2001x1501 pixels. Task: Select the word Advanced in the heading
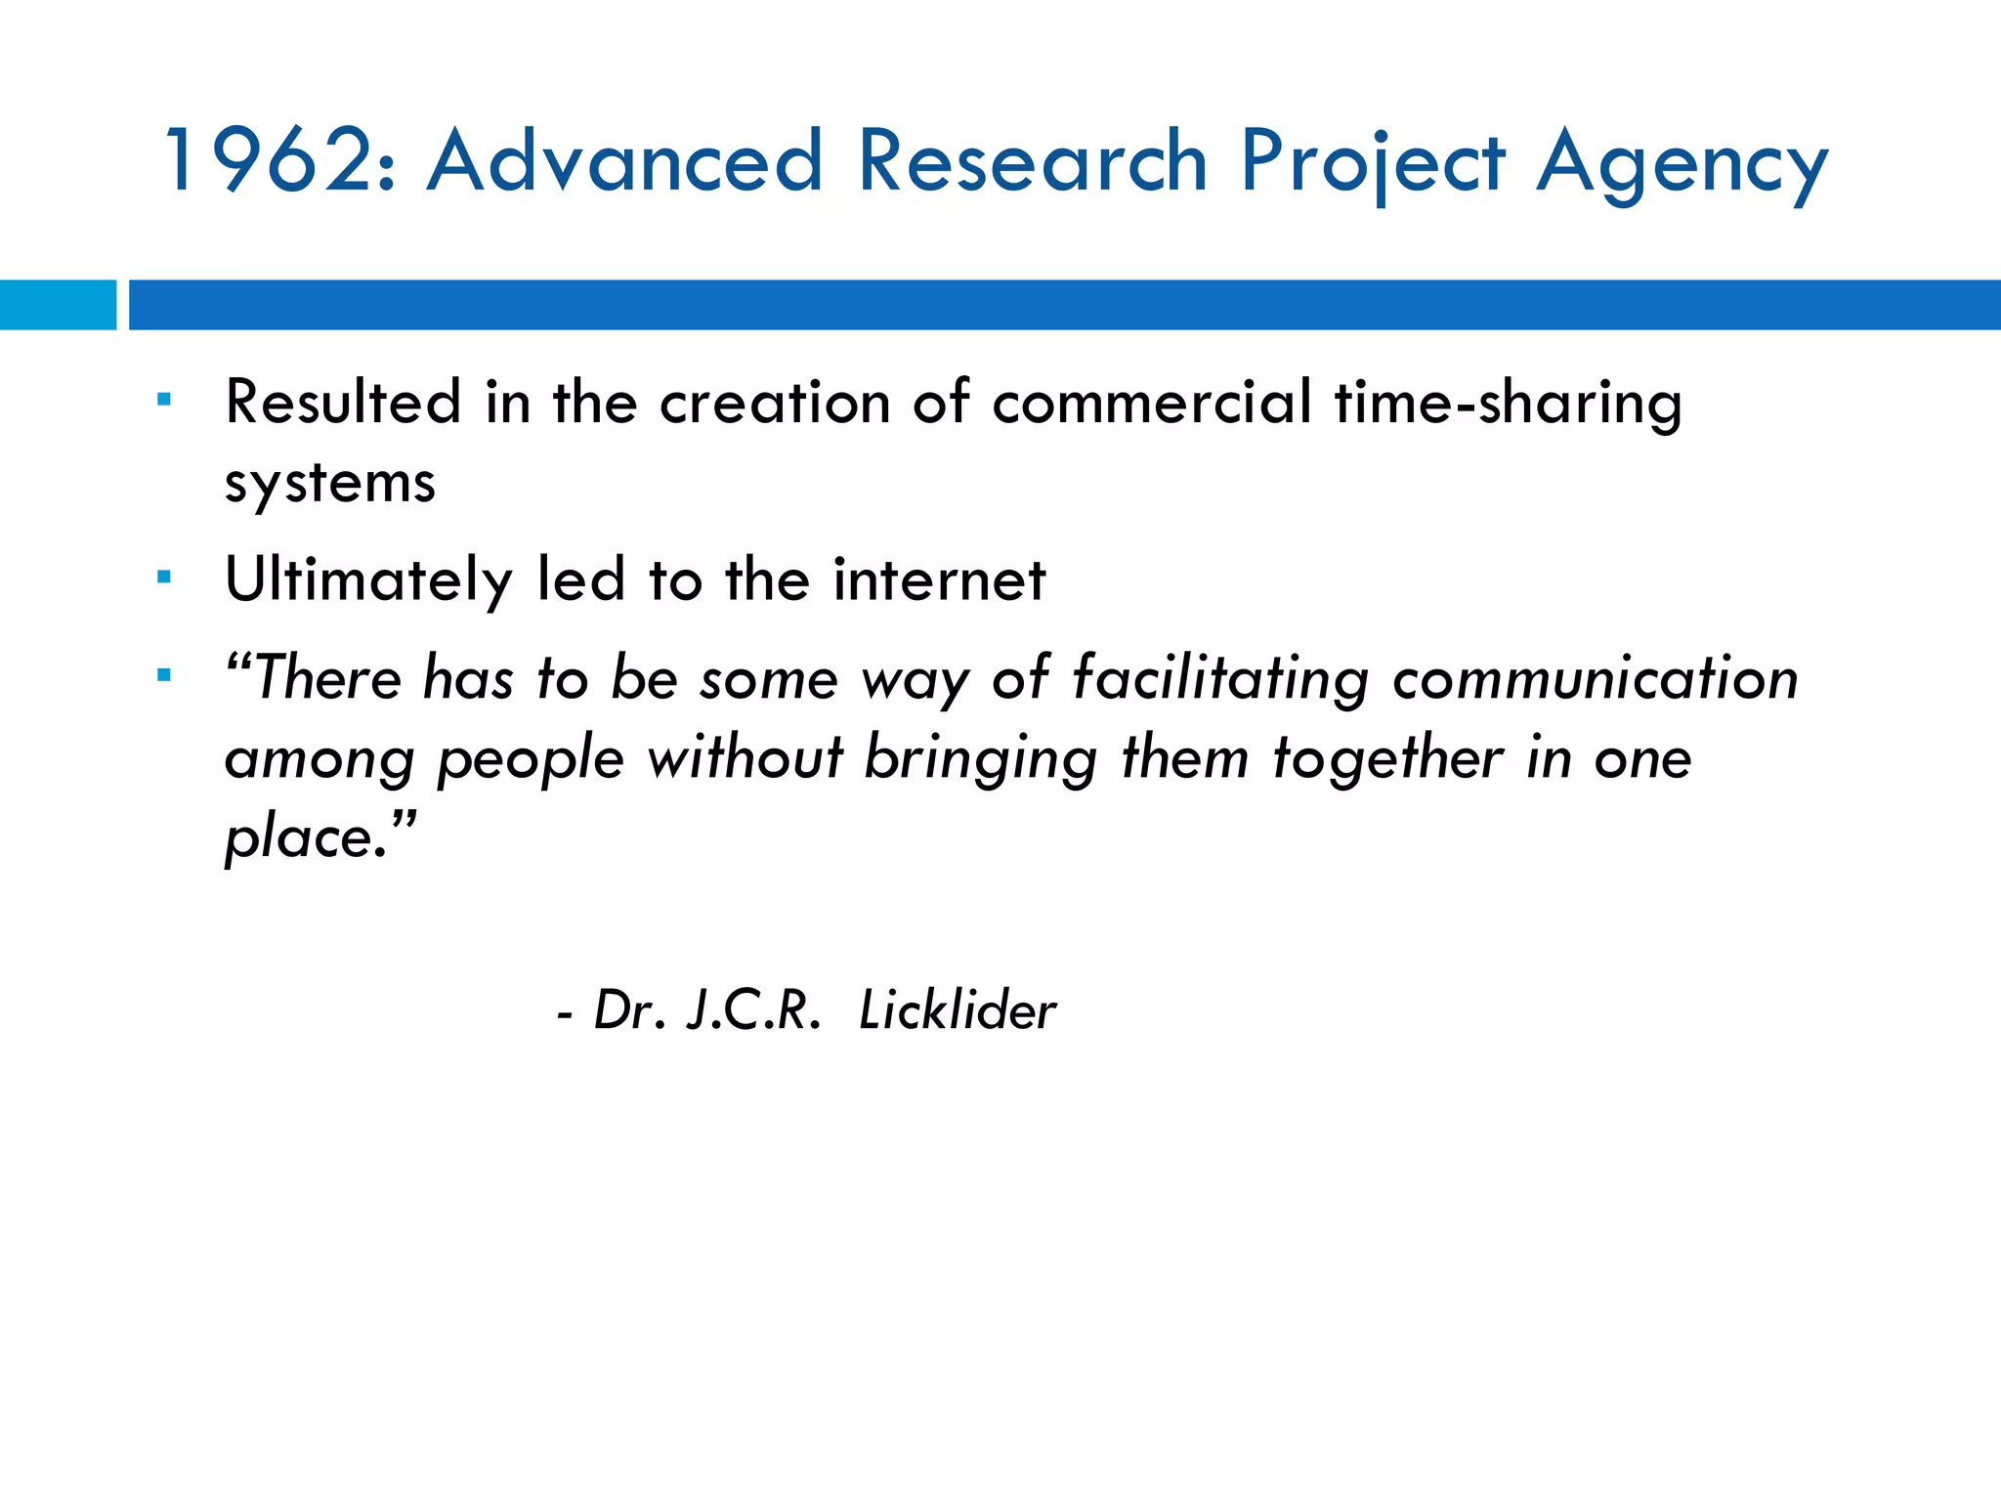pos(625,160)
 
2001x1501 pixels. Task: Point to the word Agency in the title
pos(1682,164)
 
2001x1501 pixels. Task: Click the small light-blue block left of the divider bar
pos(58,305)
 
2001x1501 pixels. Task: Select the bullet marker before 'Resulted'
pos(164,400)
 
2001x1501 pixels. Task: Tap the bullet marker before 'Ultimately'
pos(164,578)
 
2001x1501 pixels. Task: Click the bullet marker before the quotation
pos(164,675)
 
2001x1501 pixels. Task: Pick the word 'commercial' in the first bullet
pos(1152,402)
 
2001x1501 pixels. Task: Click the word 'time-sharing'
pos(1509,404)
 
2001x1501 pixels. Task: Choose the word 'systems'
pos(330,484)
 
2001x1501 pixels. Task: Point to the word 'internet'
pos(939,579)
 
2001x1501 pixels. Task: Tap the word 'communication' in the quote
pos(1596,679)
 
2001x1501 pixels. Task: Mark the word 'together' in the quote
pos(1387,759)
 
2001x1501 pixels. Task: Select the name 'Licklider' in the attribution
pos(958,1010)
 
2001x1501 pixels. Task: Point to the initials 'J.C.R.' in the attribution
pos(753,1010)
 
